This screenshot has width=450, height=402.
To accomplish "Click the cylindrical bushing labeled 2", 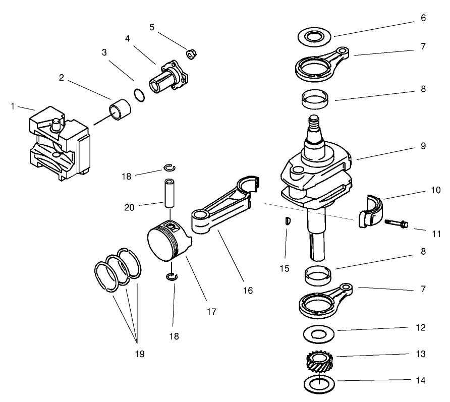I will point(120,110).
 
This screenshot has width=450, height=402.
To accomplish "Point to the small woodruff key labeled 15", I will point(286,221).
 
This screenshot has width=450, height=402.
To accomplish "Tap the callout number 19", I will point(139,354).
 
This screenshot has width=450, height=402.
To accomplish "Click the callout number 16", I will point(247,291).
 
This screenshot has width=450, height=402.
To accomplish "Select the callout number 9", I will point(423,146).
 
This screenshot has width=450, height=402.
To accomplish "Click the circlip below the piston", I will point(173,275).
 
